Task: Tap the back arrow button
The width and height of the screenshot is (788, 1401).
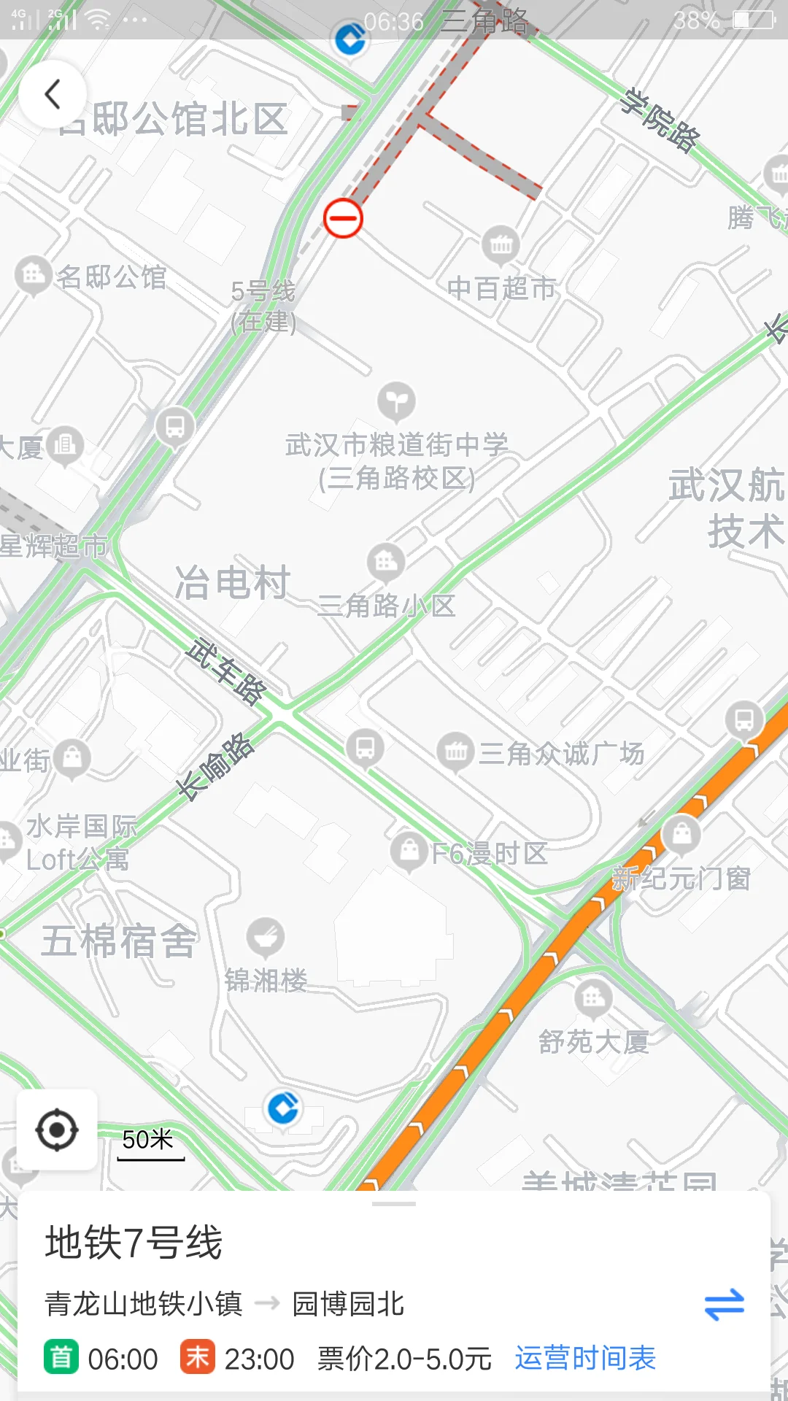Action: pyautogui.click(x=53, y=95)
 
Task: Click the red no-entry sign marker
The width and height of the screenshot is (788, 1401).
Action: pyautogui.click(x=343, y=218)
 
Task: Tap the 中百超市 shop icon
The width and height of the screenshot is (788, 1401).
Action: pyautogui.click(x=501, y=244)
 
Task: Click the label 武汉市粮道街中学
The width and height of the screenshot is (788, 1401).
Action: pyautogui.click(x=396, y=445)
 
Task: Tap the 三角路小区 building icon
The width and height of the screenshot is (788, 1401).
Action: pyautogui.click(x=385, y=562)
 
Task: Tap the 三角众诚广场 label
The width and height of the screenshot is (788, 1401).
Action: pyautogui.click(x=561, y=754)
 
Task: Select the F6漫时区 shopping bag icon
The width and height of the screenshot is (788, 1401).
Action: pyautogui.click(x=409, y=850)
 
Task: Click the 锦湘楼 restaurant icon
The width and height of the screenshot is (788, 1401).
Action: pyautogui.click(x=266, y=937)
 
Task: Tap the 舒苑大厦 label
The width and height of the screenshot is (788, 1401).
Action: pyautogui.click(x=594, y=1041)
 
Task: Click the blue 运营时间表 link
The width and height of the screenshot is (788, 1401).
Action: pyautogui.click(x=585, y=1359)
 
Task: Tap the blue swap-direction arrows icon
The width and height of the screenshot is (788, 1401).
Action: pyautogui.click(x=724, y=1305)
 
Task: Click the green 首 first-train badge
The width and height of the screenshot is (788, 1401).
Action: pyautogui.click(x=61, y=1358)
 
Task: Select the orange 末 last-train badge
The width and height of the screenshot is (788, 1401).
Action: pyautogui.click(x=197, y=1358)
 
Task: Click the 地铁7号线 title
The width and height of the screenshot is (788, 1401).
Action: pyautogui.click(x=134, y=1243)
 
